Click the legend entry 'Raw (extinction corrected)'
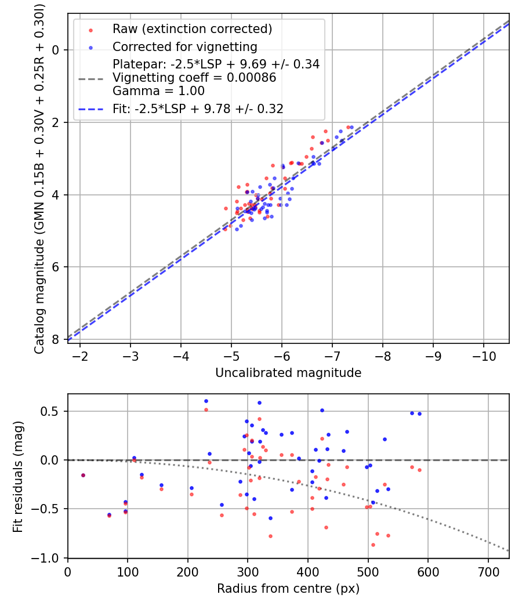pyautogui.click(x=192, y=29)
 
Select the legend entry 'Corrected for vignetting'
pyautogui.click(x=184, y=46)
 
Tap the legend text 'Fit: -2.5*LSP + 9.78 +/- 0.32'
pyautogui.click(x=198, y=108)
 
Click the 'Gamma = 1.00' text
pyautogui.click(x=158, y=91)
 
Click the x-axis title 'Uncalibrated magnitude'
pyautogui.click(x=288, y=373)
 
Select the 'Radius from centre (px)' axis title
pyautogui.click(x=288, y=589)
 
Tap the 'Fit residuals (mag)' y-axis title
pyautogui.click(x=18, y=476)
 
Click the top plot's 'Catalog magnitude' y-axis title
pyautogui.click(x=39, y=177)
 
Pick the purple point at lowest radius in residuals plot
pyautogui.click(x=83, y=475)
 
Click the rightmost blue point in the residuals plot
pyautogui.click(x=419, y=414)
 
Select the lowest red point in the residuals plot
pyautogui.click(x=373, y=545)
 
